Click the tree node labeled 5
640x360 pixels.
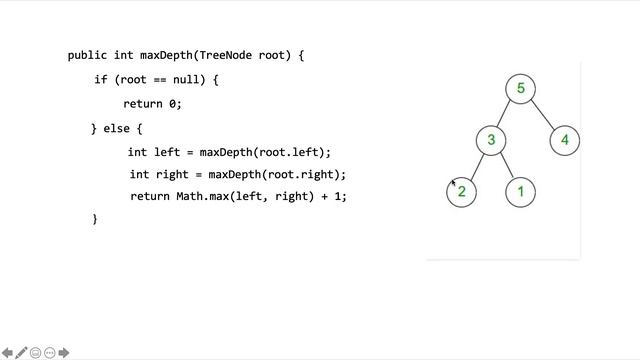520,89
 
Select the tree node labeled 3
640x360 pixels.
491,140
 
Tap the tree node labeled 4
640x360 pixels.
565,140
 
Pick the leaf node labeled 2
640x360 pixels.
462,191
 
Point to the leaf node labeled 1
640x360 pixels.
520,191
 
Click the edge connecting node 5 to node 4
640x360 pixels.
543,115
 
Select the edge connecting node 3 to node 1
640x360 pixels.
506,166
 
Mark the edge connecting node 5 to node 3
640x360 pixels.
506,115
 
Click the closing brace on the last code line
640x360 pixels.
94,218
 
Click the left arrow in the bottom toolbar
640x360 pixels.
7,352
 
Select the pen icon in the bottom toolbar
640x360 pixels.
21,352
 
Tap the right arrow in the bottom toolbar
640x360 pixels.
64,352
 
